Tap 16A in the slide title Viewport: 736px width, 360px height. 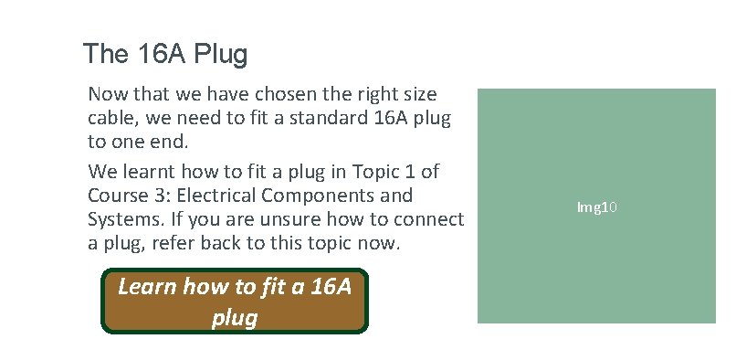155,54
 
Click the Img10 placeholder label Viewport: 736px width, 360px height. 598,207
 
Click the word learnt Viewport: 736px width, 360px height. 157,171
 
